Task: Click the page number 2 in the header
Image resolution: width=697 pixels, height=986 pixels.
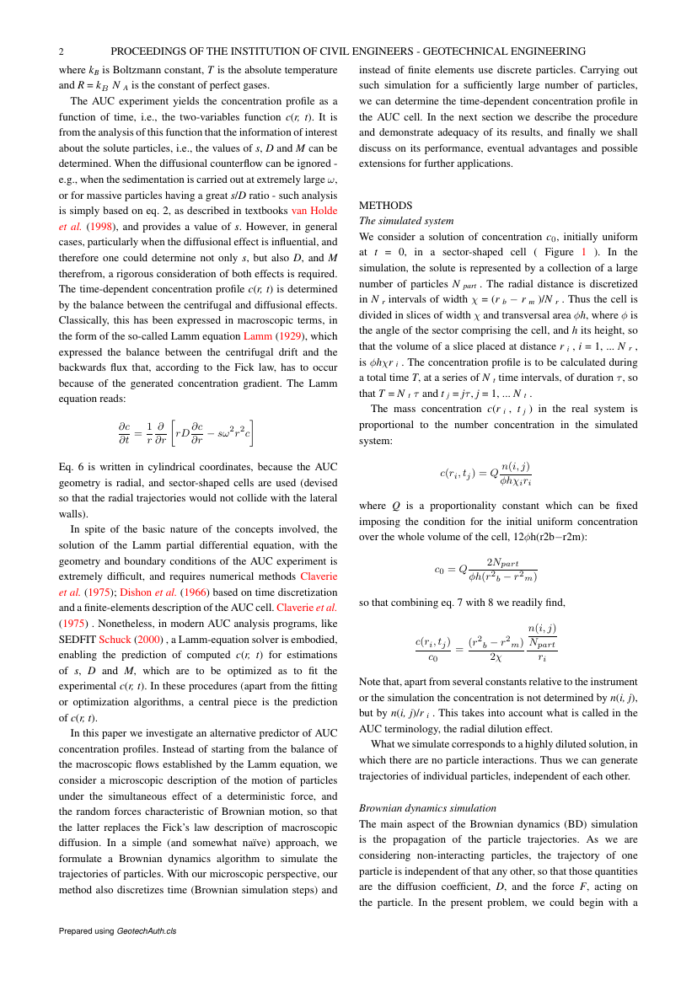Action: [62, 51]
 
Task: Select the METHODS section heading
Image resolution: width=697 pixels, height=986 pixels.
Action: [385, 206]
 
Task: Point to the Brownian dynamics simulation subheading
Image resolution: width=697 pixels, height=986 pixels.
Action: [427, 808]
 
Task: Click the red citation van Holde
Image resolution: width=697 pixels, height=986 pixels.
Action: [314, 211]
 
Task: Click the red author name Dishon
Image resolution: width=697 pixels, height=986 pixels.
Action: [137, 592]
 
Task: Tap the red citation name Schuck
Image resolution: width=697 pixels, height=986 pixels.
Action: [115, 640]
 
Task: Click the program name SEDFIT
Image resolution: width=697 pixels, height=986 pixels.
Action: [77, 640]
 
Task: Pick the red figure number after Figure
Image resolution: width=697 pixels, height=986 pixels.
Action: [584, 252]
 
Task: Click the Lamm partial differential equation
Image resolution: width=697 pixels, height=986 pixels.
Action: [185, 433]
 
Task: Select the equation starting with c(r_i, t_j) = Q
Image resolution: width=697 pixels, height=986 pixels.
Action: [485, 474]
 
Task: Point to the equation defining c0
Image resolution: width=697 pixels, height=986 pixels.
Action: [485, 570]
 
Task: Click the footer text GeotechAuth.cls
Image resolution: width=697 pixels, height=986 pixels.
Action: [147, 931]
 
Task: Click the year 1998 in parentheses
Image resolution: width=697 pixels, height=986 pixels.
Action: [100, 227]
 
